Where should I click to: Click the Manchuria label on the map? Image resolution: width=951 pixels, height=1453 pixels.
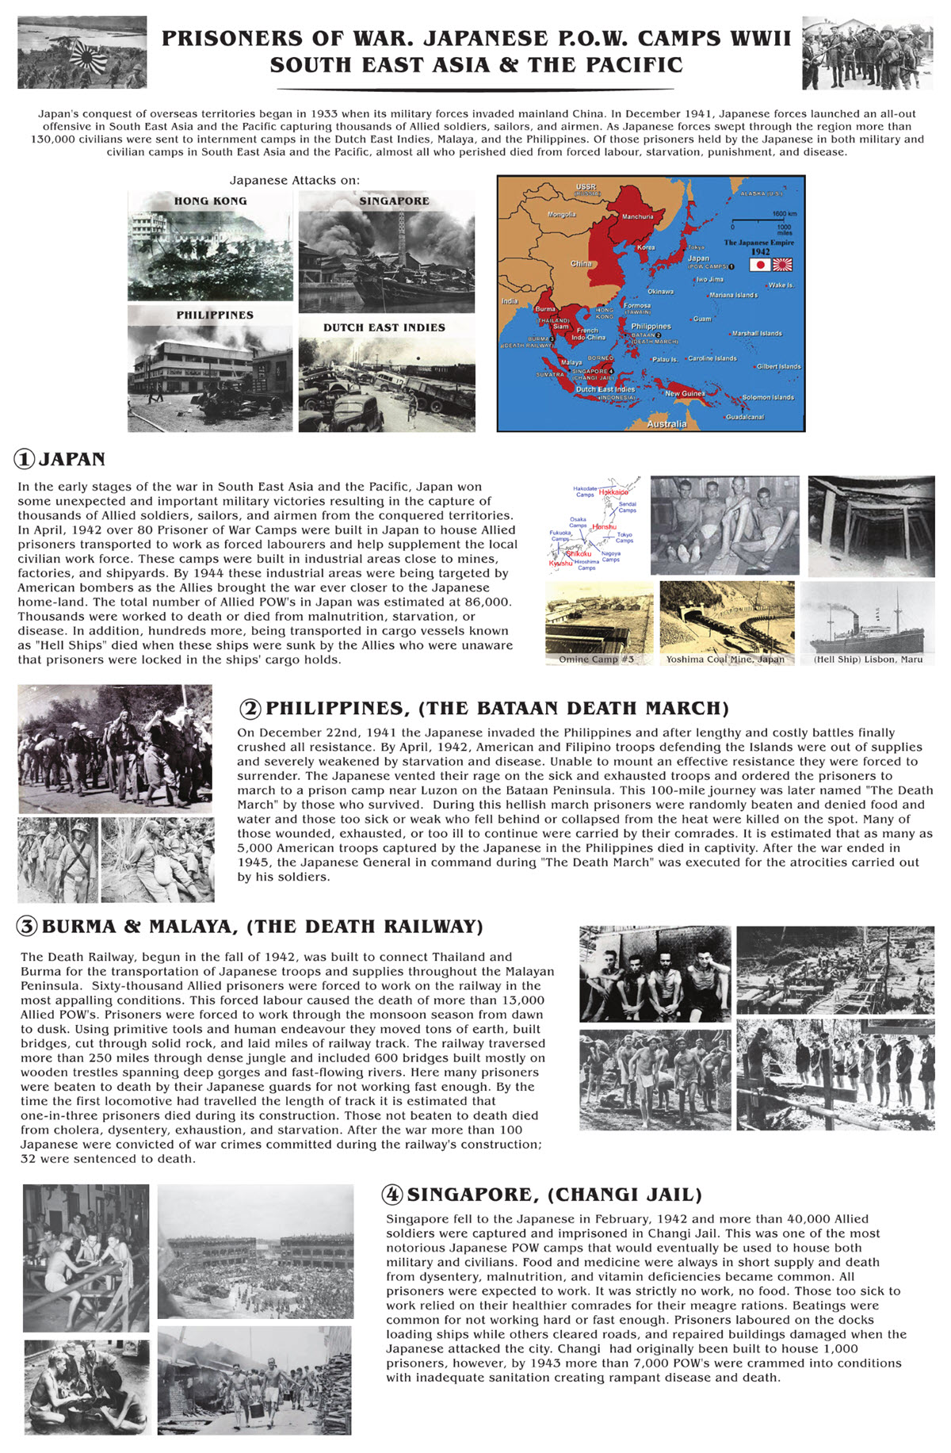coord(638,216)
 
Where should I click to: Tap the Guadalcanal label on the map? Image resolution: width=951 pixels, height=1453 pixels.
coord(745,417)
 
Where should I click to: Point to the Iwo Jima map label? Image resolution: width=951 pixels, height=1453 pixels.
coord(709,280)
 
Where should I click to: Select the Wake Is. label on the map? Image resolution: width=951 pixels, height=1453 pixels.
coord(781,285)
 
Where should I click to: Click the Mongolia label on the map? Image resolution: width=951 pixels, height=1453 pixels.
coord(562,215)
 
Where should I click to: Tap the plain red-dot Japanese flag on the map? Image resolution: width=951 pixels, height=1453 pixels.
coord(759,265)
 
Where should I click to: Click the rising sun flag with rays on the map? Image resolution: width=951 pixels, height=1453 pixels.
coord(782,265)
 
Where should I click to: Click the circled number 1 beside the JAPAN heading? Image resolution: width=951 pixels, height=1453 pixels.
coord(25,459)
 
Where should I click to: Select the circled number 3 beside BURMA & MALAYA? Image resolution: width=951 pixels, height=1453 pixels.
coord(28,926)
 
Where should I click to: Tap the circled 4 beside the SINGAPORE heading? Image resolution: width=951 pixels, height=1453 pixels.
coord(392,1195)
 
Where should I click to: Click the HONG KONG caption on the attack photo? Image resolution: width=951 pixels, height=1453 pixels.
coord(210,201)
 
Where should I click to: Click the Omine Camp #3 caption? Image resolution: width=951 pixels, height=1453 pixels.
coord(596,660)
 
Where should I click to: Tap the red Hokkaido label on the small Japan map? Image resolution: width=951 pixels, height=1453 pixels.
coord(613,492)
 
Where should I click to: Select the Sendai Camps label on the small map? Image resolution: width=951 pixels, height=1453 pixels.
coord(627,507)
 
